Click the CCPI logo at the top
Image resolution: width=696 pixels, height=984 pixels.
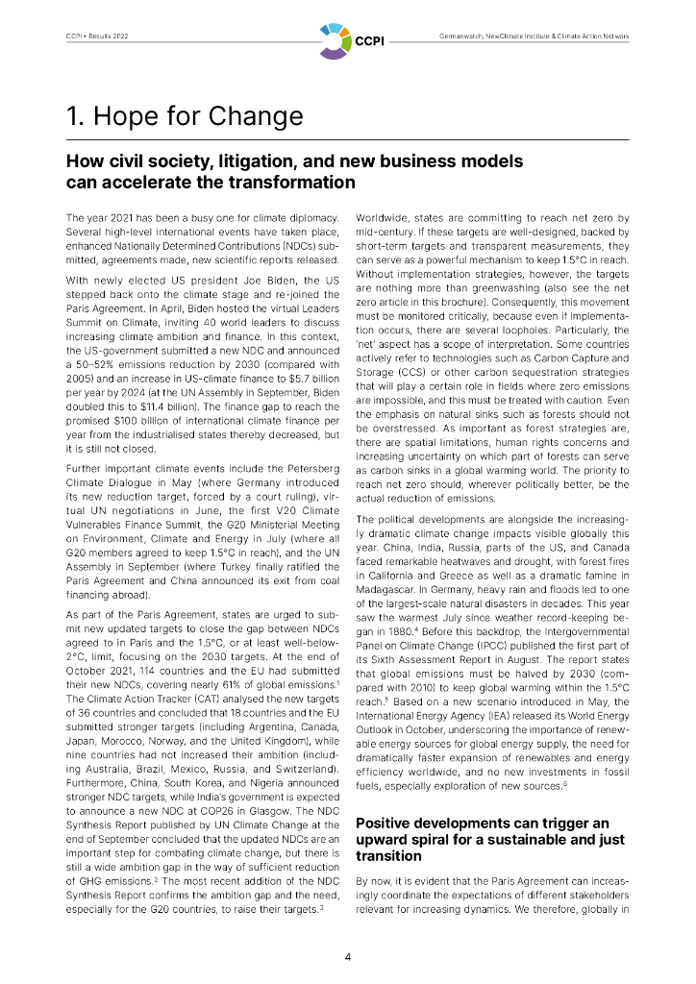(x=348, y=40)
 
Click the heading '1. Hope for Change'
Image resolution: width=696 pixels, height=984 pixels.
(x=184, y=117)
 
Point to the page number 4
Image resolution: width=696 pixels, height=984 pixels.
(x=348, y=930)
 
